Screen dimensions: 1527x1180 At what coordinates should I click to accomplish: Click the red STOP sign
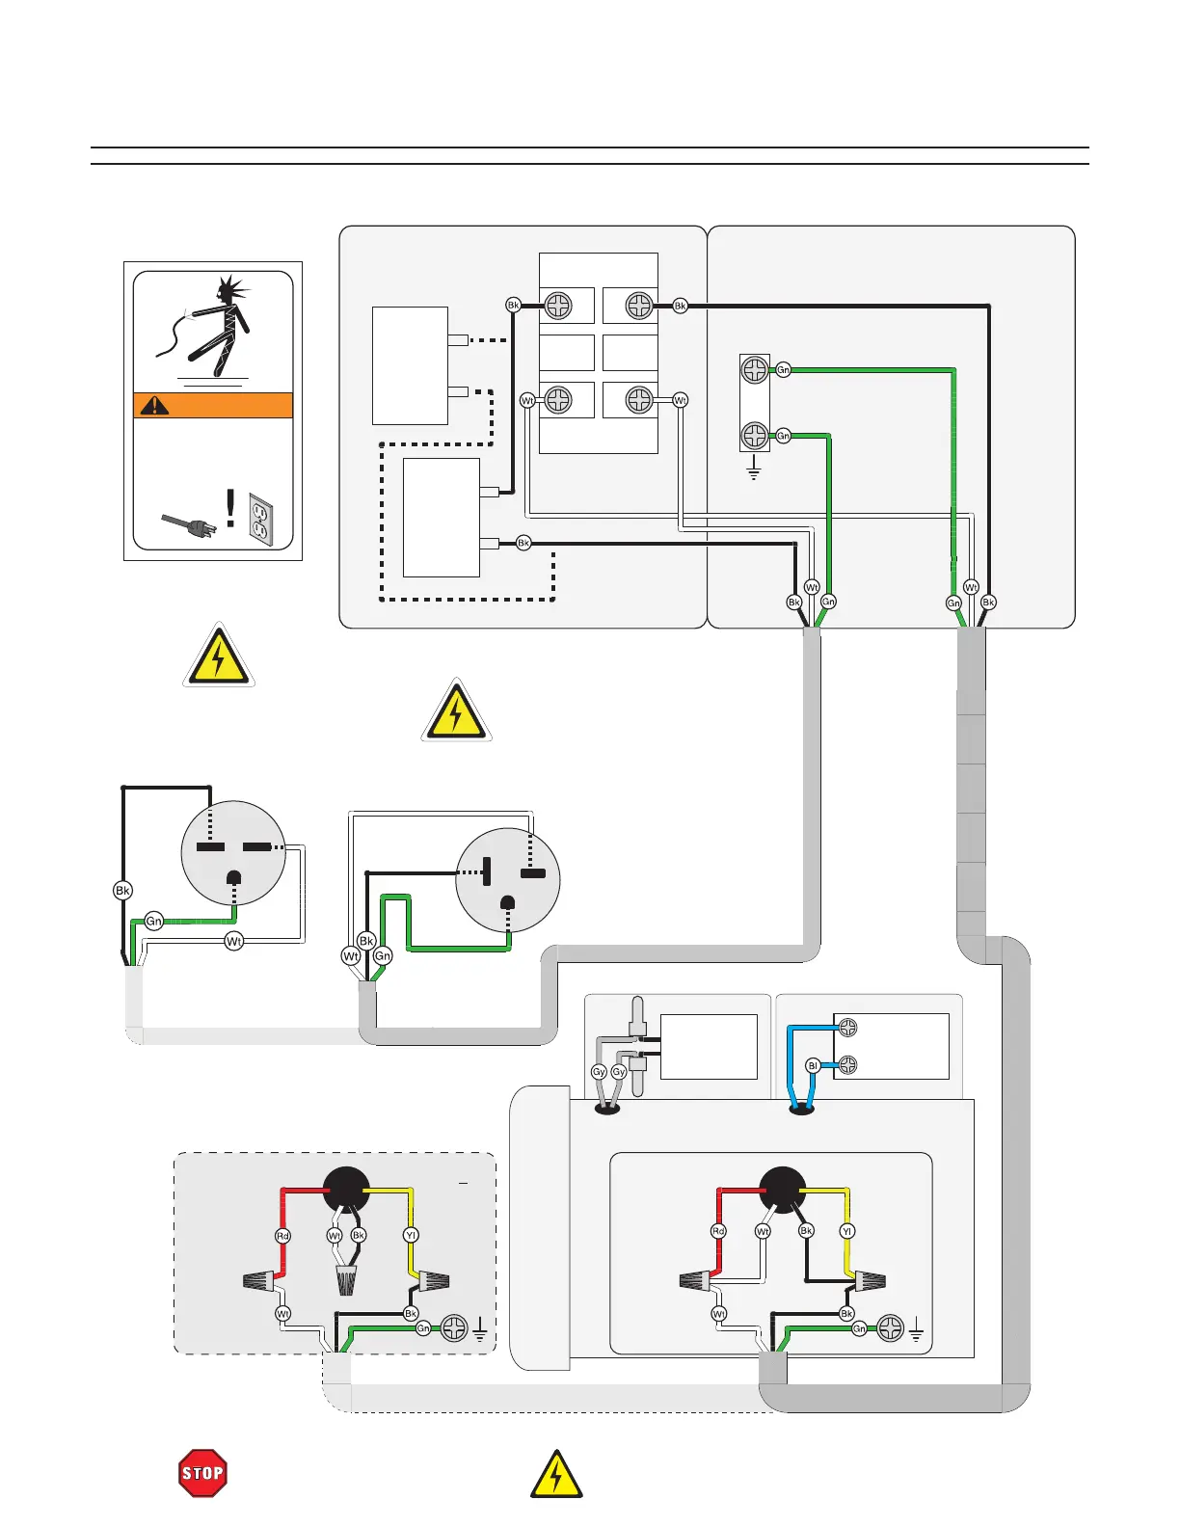tap(202, 1473)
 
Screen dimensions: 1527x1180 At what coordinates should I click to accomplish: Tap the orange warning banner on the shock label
tap(213, 405)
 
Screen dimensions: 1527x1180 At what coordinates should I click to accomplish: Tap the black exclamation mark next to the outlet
tap(230, 507)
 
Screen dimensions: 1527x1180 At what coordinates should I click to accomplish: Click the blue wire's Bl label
tap(813, 1066)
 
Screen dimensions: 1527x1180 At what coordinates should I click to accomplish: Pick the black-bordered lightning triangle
tap(556, 1475)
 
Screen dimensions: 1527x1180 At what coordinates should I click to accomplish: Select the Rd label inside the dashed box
tap(283, 1235)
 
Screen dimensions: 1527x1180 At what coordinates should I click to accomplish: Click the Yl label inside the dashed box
tap(412, 1235)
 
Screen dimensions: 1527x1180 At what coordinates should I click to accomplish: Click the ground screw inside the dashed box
tap(453, 1328)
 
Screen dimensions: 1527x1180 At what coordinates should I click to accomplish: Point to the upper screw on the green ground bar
tap(754, 369)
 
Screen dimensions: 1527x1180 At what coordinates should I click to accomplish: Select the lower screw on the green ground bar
tap(754, 436)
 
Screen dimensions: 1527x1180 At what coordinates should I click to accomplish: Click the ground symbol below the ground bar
tap(754, 472)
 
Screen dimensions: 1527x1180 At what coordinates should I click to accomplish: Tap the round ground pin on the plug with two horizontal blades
tap(233, 877)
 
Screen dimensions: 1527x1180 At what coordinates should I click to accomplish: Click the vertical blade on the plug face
tap(487, 872)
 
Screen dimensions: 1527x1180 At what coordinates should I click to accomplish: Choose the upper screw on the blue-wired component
tap(847, 1028)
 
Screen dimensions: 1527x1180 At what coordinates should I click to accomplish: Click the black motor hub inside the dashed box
tap(346, 1190)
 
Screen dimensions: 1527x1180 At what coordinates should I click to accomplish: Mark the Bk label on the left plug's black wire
tap(122, 891)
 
